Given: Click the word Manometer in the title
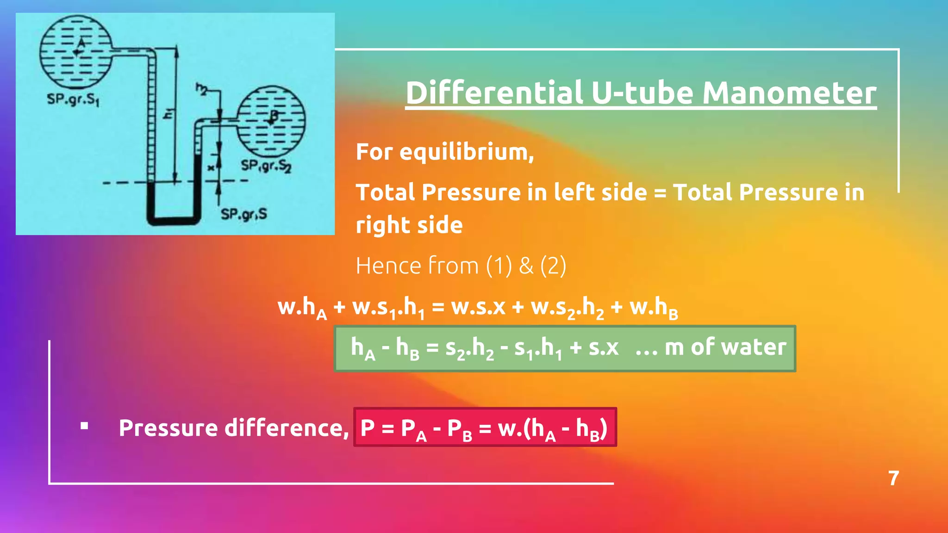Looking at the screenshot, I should click(x=789, y=93).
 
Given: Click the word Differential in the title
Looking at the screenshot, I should click(x=494, y=93).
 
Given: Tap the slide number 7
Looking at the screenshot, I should click(x=893, y=478).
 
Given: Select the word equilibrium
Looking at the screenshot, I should click(x=467, y=152).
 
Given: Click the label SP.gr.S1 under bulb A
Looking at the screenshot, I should click(x=73, y=99).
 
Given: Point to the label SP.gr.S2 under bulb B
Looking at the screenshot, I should click(x=266, y=165).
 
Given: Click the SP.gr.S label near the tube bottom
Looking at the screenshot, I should click(x=243, y=214).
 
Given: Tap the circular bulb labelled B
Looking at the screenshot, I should click(x=271, y=120).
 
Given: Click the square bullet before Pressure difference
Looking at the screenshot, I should click(x=84, y=426).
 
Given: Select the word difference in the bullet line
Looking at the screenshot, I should click(x=287, y=428).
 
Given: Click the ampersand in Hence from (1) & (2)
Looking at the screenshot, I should click(x=526, y=266).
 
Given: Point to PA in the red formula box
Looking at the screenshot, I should click(x=414, y=429).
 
